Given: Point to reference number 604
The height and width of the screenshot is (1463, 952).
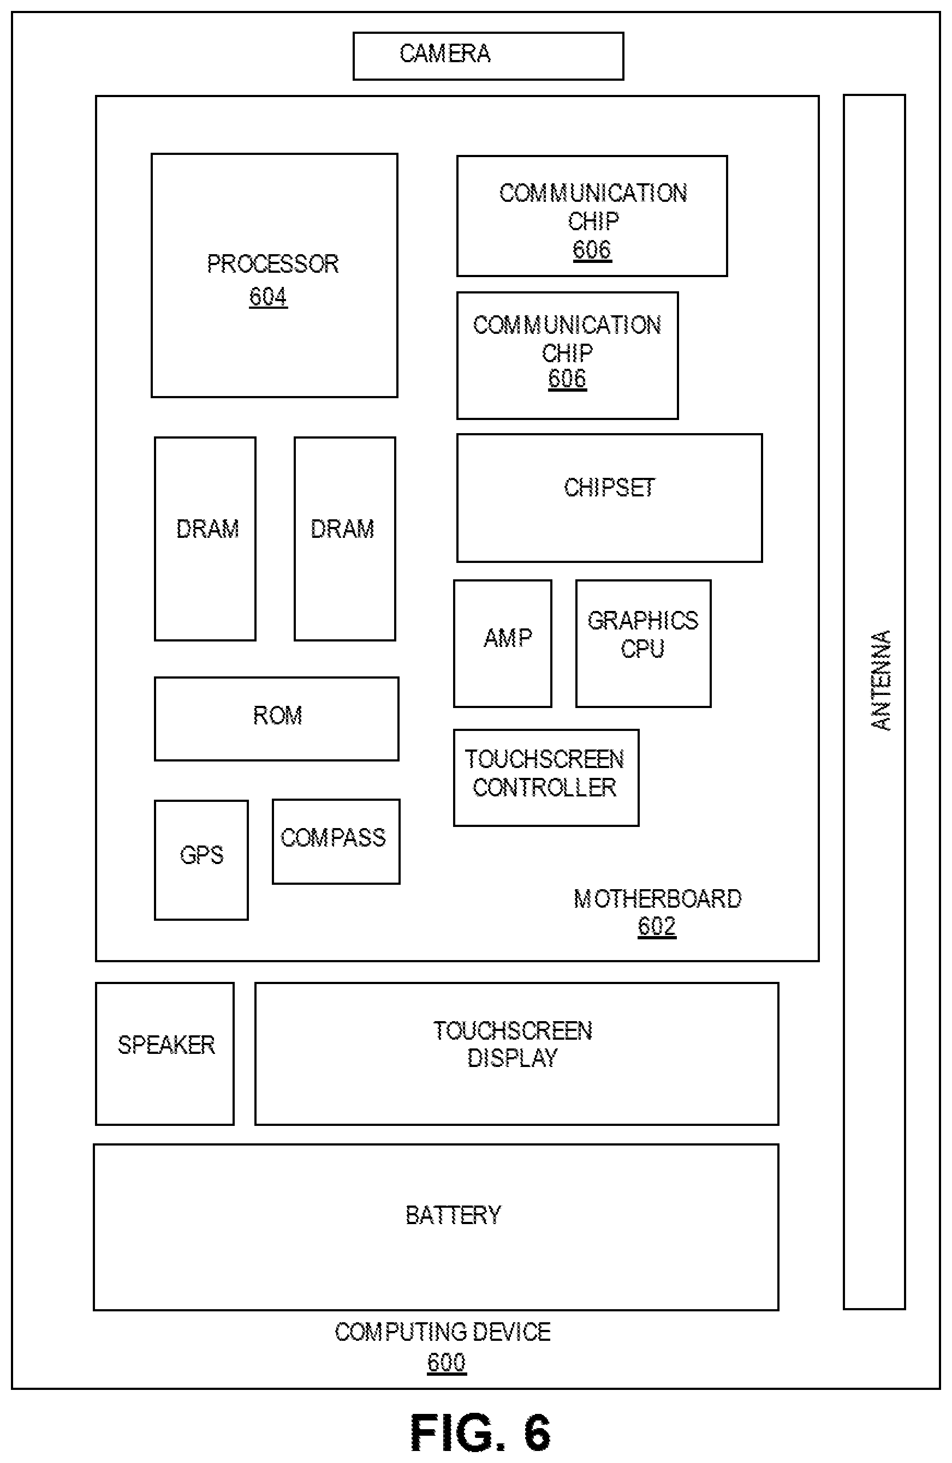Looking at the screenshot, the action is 268,297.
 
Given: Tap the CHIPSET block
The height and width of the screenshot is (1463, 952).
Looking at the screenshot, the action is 609,498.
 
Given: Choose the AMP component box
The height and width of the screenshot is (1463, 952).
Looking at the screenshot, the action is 502,644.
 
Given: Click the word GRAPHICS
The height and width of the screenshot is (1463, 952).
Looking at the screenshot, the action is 642,621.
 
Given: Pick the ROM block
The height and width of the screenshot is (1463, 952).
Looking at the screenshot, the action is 276,718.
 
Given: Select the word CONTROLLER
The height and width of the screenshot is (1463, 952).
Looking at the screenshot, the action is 544,788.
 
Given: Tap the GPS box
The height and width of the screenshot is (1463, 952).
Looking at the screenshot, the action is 201,860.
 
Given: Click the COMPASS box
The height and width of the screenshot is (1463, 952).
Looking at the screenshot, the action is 336,842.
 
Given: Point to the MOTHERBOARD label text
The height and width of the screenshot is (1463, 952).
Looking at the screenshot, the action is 657,900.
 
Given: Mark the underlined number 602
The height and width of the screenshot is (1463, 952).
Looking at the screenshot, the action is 657,926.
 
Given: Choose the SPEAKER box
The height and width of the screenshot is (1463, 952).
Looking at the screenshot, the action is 165,1053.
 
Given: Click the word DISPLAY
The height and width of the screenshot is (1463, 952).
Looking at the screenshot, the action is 512,1058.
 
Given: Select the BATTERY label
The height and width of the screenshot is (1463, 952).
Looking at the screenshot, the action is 453,1215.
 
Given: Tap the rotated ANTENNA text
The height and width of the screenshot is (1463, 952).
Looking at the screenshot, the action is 880,680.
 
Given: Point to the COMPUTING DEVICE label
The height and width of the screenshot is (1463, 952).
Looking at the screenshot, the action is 443,1332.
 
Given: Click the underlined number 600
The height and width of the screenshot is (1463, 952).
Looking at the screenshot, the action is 447,1363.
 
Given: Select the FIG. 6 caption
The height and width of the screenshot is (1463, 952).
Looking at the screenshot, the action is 480,1432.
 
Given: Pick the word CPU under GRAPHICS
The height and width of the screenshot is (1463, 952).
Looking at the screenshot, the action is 642,649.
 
